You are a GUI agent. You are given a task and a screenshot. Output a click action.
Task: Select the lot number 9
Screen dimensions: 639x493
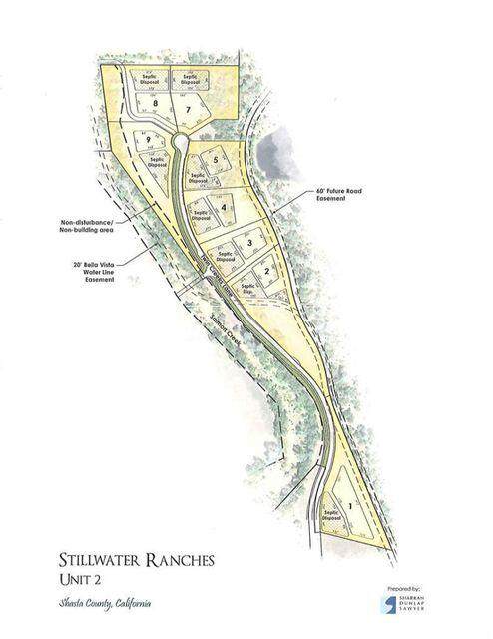147,139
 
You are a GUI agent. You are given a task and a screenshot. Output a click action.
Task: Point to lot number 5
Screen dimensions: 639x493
215,160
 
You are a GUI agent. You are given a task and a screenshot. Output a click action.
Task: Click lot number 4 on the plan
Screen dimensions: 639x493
224,208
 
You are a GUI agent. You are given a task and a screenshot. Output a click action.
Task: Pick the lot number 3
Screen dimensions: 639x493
248,243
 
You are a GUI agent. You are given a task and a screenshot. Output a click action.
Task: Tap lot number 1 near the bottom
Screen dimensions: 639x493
350,506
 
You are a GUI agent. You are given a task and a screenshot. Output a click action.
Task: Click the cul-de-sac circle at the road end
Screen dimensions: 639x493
178,142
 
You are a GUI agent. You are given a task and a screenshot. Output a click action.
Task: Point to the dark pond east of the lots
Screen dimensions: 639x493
271,155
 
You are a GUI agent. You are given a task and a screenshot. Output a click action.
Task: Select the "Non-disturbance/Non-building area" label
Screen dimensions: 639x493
87,225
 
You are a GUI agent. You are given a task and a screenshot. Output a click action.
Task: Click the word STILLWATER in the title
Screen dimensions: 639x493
97,562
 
